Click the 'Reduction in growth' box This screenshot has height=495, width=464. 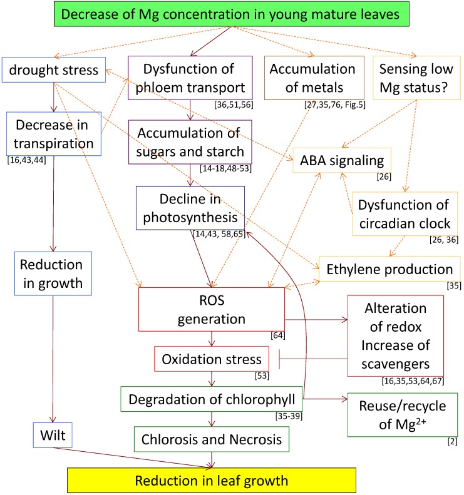[x=53, y=273]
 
